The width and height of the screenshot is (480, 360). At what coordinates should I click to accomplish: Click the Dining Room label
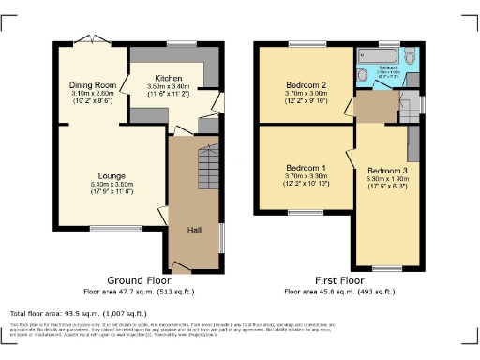92,85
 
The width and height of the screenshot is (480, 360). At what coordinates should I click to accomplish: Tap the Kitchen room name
169,78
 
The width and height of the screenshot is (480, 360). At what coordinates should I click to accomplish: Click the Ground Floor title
138,280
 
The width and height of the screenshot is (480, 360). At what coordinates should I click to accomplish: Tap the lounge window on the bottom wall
109,228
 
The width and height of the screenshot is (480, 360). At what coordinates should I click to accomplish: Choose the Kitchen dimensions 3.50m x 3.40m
169,86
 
